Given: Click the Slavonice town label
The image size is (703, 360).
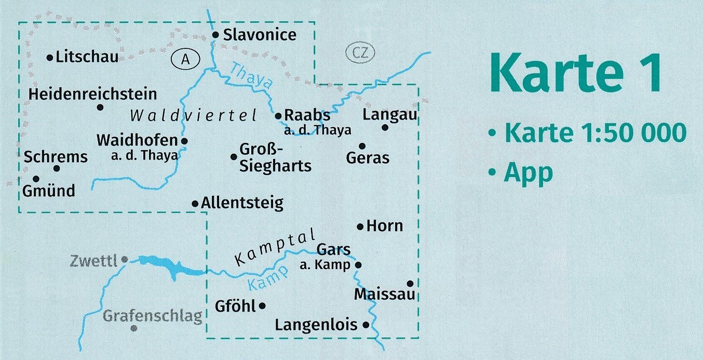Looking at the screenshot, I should click(260, 35).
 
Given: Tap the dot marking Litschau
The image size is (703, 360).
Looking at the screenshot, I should click(50, 58).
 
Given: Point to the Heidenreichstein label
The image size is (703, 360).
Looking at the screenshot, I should click(93, 94).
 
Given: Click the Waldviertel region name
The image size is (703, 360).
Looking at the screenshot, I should click(194, 115).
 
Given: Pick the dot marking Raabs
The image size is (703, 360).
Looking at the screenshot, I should click(278, 116).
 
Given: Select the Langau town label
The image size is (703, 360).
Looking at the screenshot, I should click(390, 115).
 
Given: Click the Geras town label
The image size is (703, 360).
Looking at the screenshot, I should click(368, 157).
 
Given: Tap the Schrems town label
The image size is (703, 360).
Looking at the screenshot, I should click(56, 156).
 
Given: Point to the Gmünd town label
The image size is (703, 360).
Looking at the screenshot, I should click(49, 190).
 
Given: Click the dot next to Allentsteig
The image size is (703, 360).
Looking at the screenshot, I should click(195, 204).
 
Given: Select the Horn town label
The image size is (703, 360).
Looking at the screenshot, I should click(384, 226).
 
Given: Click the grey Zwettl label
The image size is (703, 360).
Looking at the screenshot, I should click(94, 260).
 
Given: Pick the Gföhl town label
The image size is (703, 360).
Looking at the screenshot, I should click(235, 306).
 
